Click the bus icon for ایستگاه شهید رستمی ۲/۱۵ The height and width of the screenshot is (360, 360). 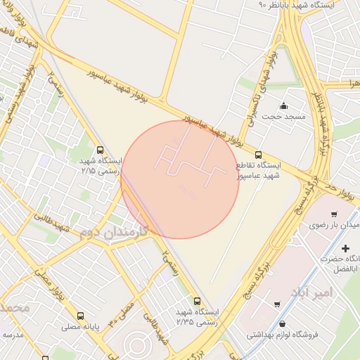[x=100, y=150]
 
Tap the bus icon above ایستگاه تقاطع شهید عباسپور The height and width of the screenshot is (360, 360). [x=258, y=155]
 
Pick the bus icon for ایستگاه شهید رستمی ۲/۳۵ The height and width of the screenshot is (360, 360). [x=196, y=302]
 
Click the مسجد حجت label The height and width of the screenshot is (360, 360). [x=289, y=116]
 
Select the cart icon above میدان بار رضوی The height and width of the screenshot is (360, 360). [x=333, y=214]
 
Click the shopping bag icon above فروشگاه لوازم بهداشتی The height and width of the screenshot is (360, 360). [x=282, y=324]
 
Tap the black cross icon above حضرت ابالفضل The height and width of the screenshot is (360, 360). [x=345, y=248]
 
